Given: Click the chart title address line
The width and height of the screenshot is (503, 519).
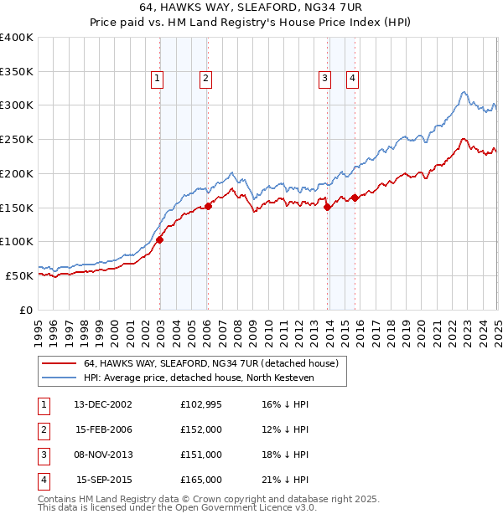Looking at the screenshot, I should (x=251, y=8).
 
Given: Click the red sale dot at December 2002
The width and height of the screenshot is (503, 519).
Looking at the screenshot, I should (x=159, y=239).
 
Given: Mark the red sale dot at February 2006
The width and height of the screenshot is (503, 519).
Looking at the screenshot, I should (x=208, y=206).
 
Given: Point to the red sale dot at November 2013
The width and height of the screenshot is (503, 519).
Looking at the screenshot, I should (x=327, y=208).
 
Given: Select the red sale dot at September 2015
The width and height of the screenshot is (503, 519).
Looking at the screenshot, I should (x=355, y=198).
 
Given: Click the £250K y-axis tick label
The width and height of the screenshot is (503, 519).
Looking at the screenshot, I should (x=17, y=140).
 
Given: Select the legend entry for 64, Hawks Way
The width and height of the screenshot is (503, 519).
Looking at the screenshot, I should (x=210, y=364).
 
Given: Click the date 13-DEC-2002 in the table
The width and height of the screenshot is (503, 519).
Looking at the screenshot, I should (x=103, y=404).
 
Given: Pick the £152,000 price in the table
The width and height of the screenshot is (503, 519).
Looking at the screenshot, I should (x=201, y=429).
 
